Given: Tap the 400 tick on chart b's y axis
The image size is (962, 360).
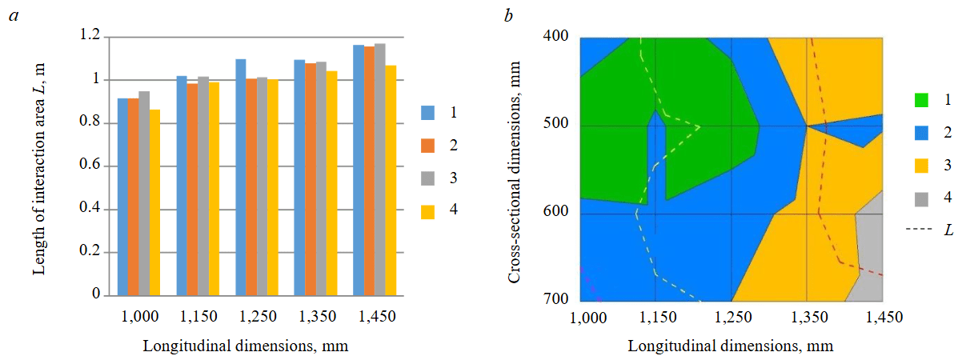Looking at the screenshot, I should [555, 38].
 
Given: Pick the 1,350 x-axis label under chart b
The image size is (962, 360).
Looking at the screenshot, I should [805, 318].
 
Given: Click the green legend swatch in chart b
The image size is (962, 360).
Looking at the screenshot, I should [922, 100].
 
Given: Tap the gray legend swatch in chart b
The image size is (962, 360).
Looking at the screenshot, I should [922, 197].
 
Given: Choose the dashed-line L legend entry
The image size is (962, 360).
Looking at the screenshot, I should [928, 230].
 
